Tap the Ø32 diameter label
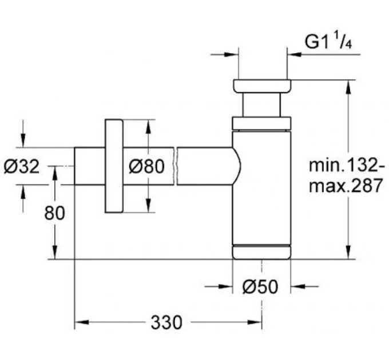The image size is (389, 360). click(22, 166)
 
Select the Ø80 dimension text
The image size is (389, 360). click(146, 166)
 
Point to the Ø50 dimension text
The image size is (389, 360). click(260, 287)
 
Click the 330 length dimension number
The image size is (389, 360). click(166, 322)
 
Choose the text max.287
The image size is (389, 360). click(346, 186)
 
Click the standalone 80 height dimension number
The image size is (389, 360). click(54, 213)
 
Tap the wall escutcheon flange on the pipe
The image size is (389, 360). click(114, 166)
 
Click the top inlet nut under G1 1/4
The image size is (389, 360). click(262, 86)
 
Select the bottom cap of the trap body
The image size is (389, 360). click(261, 252)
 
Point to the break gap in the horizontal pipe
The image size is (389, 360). click(176, 166)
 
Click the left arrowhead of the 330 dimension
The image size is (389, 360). click(81, 322)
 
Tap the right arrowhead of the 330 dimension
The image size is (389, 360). click(255, 322)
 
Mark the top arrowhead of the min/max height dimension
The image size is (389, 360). click(348, 87)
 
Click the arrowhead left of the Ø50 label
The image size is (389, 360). click(225, 287)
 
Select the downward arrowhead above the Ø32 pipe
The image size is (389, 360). click(23, 141)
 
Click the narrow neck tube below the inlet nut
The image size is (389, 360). click(262, 105)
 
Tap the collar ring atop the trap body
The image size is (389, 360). click(261, 123)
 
